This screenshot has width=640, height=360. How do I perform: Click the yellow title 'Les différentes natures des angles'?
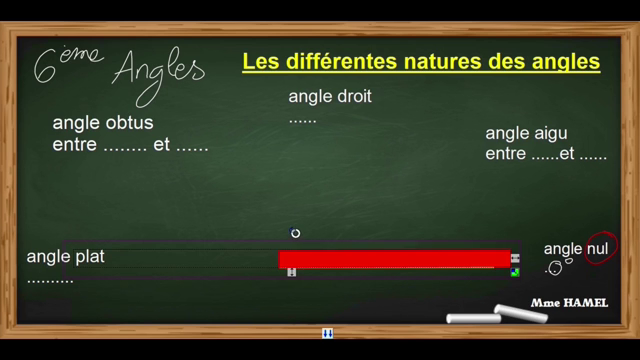[x=421, y=62]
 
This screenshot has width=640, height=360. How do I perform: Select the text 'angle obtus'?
[x=103, y=124]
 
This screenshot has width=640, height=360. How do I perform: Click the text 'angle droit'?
[x=330, y=97]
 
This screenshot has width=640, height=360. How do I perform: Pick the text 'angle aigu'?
[x=527, y=133]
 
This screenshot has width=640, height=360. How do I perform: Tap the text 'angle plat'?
[x=66, y=257]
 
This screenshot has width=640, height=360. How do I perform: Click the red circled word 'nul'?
[x=598, y=248]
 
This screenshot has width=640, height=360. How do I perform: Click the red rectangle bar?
[x=394, y=259]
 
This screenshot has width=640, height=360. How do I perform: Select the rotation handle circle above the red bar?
[x=295, y=233]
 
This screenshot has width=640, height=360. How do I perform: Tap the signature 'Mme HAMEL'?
[x=571, y=302]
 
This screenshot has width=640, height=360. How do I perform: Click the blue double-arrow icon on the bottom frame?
[x=327, y=333]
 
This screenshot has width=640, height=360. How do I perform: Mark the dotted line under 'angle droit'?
[x=302, y=119]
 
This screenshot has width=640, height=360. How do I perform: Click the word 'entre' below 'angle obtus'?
[x=72, y=145]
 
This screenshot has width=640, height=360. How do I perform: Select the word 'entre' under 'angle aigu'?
[x=506, y=155]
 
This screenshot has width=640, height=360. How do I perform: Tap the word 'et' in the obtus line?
[x=161, y=145]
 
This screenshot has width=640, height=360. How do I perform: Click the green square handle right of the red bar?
[x=515, y=271]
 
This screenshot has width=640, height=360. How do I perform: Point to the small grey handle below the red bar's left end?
[x=291, y=272]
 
